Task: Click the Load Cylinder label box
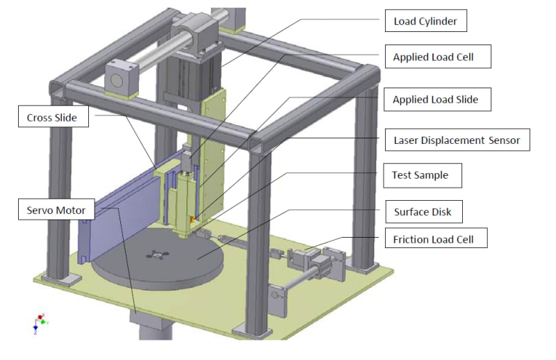pos(426,21)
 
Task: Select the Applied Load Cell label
pos(438,56)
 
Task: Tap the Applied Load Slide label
pos(437,99)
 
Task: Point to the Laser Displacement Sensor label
pos(457,140)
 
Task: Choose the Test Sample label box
pos(423,176)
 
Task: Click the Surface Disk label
pos(424,212)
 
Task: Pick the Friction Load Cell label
pos(436,238)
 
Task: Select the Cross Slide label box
pos(54,116)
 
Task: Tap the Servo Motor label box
pos(56,209)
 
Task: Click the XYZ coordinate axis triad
pos(40,323)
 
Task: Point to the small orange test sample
pos(193,220)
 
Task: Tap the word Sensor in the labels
pos(504,140)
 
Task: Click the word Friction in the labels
pos(409,239)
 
